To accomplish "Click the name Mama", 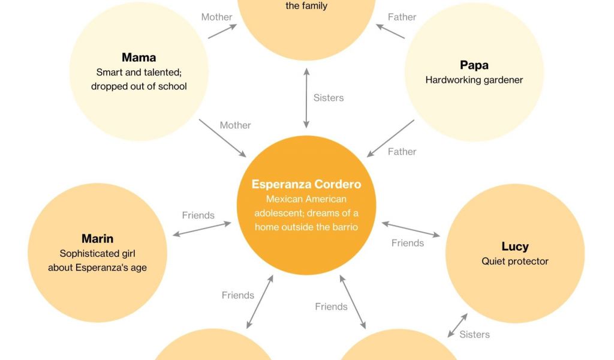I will tap(139, 58).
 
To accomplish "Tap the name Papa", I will tap(474, 65).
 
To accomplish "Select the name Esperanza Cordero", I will tap(306, 184).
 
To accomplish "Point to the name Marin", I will tap(97, 239).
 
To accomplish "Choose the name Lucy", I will tap(514, 246).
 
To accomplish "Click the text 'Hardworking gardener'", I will tap(474, 80).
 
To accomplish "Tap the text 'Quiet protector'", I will tap(514, 261).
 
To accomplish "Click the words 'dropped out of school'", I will tap(139, 86).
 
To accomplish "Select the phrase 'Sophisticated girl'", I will tap(97, 254).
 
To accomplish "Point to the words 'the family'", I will tap(306, 6).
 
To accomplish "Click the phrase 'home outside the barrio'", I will tap(306, 227).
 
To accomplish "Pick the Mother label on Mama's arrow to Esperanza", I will tap(235, 125).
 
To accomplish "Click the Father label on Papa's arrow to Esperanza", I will tap(402, 152).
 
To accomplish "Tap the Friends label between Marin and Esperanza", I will tap(198, 215).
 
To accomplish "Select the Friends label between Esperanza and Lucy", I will tap(408, 243).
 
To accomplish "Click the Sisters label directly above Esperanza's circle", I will tap(329, 98).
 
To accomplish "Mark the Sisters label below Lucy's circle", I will tap(474, 335).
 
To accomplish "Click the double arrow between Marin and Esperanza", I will tap(201, 229).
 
